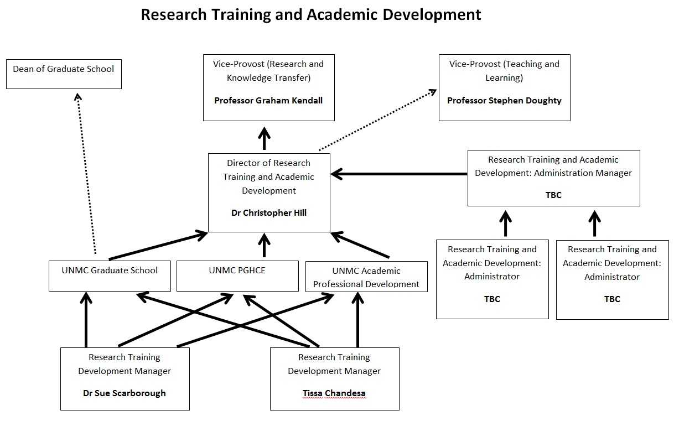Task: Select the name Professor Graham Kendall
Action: point(268,100)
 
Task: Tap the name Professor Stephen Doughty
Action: point(504,100)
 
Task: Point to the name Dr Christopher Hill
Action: point(268,212)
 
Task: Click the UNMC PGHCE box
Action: point(237,275)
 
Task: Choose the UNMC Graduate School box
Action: point(110,275)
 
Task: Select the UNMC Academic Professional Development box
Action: point(366,277)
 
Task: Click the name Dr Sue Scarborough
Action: point(125,393)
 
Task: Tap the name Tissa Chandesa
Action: point(334,393)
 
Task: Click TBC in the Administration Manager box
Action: point(553,195)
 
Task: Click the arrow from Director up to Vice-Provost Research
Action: point(265,138)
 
